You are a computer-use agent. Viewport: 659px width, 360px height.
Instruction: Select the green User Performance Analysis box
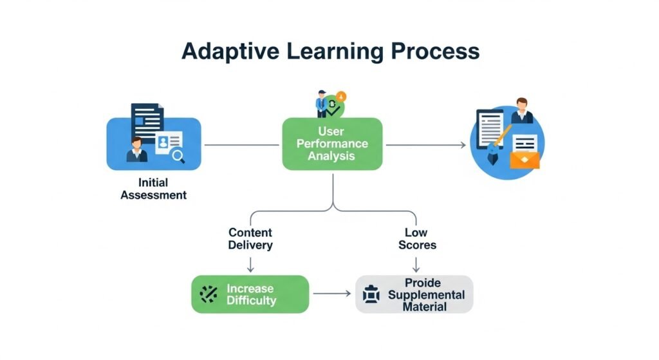point(332,144)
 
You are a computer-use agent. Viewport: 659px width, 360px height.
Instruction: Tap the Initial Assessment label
point(153,189)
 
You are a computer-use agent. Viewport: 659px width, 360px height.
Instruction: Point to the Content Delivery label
point(250,238)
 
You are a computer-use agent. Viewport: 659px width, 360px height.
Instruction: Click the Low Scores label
point(417,238)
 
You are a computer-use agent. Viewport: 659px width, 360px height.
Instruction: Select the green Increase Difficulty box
point(250,294)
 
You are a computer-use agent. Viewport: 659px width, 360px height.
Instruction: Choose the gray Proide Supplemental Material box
point(414,294)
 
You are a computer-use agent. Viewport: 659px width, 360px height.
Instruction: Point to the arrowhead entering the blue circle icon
point(462,146)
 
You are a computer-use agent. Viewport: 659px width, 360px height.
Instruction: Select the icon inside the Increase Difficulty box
point(209,294)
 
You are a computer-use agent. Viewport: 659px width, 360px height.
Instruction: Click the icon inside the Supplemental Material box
point(371,294)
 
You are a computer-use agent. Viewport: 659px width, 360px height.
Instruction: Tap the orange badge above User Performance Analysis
point(341,97)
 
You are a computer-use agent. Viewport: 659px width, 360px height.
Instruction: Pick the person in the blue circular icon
point(522,111)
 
